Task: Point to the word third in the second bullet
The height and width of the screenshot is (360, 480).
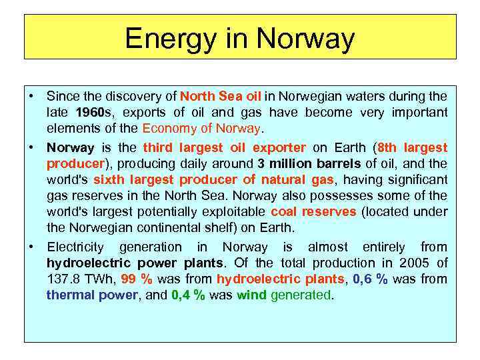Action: coord(159,147)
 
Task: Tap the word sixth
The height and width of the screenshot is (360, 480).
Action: coord(109,180)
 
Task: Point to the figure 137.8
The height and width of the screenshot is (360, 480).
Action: coord(65,279)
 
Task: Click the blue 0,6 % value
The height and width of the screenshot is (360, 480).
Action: coord(373,279)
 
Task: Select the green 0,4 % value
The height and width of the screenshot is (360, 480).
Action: coord(188,295)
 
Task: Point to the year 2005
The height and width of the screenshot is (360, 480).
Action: coord(417,263)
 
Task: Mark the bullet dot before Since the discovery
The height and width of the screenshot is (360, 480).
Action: coord(32,96)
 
